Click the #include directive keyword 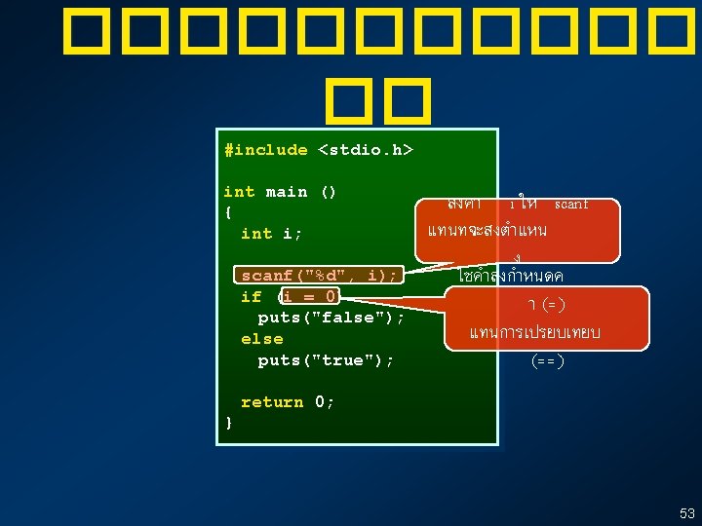[x=265, y=150]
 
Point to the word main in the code [x=286, y=192]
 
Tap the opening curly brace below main [x=228, y=212]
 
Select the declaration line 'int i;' [x=272, y=234]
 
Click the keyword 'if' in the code [x=251, y=297]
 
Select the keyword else [x=261, y=339]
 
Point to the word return [x=272, y=402]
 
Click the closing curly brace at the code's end [x=228, y=423]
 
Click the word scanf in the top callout [x=571, y=205]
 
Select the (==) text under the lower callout [x=548, y=361]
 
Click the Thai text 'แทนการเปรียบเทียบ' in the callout [x=534, y=333]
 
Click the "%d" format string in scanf [x=335, y=276]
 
